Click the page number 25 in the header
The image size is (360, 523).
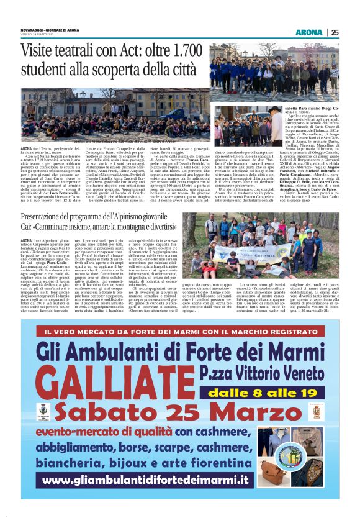(335, 32)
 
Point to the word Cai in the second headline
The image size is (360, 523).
(29, 227)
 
